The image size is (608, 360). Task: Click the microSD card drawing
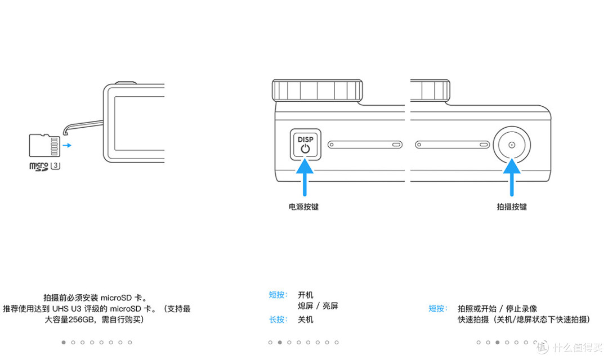click(44, 145)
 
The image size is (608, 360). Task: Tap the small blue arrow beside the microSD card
click(67, 145)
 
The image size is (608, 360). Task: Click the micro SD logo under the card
click(39, 166)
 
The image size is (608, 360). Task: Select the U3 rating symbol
click(55, 165)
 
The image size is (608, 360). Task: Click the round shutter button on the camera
click(512, 145)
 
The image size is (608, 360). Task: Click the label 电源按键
click(303, 207)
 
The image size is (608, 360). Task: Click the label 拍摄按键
click(512, 207)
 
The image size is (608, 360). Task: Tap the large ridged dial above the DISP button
click(317, 91)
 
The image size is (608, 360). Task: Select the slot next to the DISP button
click(365, 145)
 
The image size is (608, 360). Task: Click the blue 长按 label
click(279, 319)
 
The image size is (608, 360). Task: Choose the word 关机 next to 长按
click(306, 319)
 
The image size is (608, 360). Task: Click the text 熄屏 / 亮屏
click(318, 306)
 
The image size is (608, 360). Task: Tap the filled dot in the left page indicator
click(64, 343)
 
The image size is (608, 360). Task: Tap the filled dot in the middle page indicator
click(280, 343)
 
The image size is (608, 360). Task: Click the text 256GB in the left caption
click(82, 319)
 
